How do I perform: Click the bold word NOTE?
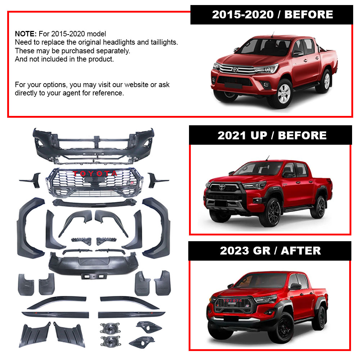coord(26,34)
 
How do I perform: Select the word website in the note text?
coord(136,85)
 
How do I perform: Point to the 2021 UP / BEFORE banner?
coord(270,135)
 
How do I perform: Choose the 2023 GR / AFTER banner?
coord(270,251)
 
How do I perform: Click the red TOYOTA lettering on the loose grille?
coord(95,174)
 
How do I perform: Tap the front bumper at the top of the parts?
coord(94,146)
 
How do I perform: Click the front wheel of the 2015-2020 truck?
coord(284,94)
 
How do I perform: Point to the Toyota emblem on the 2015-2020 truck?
coord(235,69)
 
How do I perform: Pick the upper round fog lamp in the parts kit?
coord(110,328)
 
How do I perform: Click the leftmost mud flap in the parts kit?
coord(26,285)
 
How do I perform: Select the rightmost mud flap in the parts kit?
coord(163,283)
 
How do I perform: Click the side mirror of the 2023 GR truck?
coord(295,287)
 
